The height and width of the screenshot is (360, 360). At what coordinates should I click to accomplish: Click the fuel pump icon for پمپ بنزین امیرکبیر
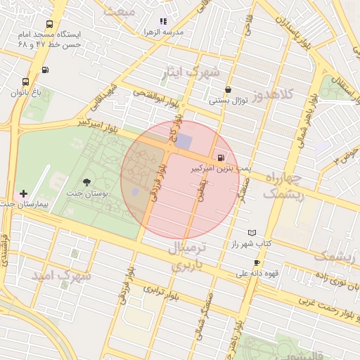pyautogui.click(x=222, y=157)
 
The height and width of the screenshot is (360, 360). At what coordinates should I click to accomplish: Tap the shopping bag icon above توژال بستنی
pyautogui.click(x=229, y=89)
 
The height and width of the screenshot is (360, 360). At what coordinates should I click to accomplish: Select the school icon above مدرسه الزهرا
pyautogui.click(x=163, y=22)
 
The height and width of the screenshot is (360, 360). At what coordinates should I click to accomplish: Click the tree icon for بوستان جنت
pyautogui.click(x=86, y=182)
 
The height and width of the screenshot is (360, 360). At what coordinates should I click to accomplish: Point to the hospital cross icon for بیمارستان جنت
pyautogui.click(x=24, y=193)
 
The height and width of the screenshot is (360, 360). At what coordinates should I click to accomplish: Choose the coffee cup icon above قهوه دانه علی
pyautogui.click(x=257, y=262)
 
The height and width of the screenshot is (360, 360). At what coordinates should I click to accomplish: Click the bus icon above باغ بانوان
pyautogui.click(x=26, y=82)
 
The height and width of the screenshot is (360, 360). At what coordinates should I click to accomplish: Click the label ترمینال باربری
pyautogui.click(x=188, y=257)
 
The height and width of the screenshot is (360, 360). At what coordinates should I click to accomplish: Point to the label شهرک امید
pyautogui.click(x=60, y=276)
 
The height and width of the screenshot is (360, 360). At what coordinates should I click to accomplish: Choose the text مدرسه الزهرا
pyautogui.click(x=164, y=32)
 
